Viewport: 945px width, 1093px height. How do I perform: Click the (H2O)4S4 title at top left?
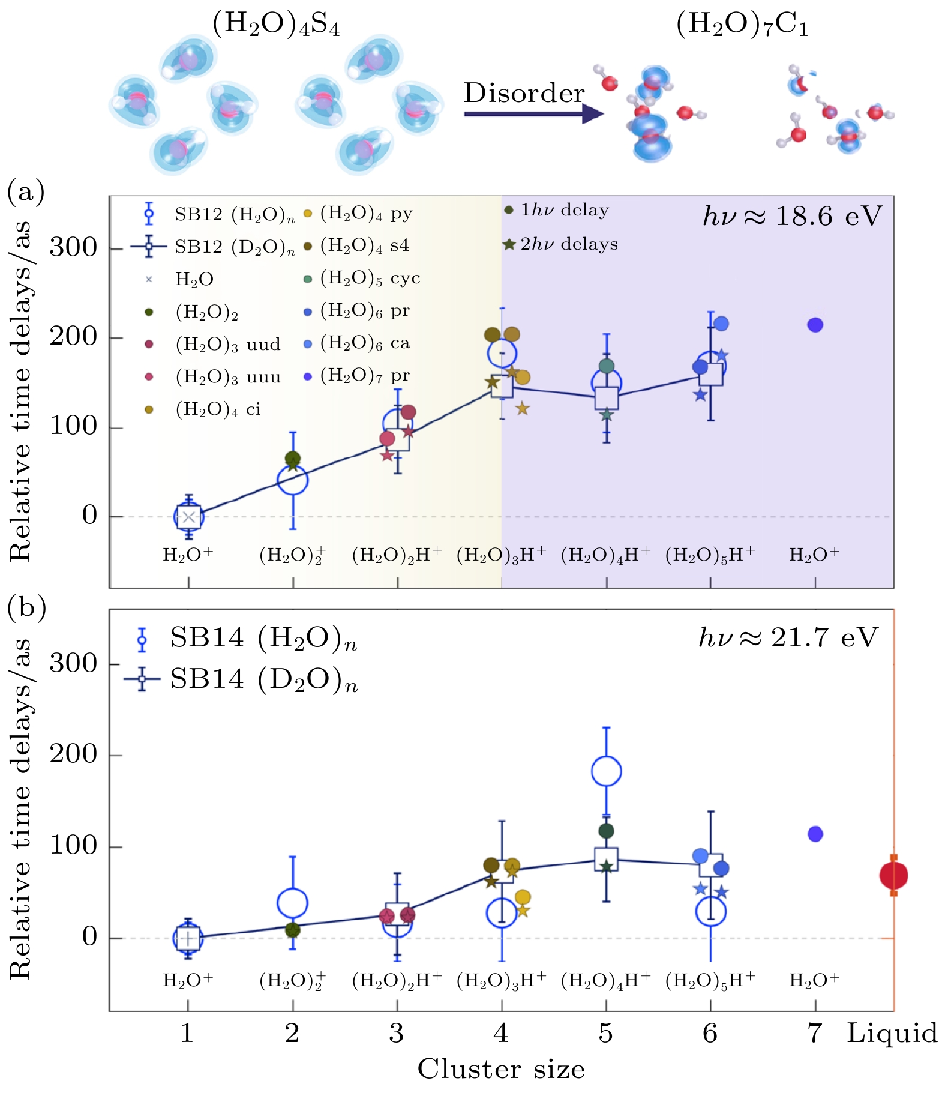pos(276,25)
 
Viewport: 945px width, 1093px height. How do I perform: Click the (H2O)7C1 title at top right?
pos(742,25)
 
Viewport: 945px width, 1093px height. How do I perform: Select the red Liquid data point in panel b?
pos(893,876)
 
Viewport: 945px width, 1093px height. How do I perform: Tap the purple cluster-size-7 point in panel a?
pos(815,325)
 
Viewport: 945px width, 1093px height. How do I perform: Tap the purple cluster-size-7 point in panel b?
pos(815,834)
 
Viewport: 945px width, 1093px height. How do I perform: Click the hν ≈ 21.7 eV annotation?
pos(788,637)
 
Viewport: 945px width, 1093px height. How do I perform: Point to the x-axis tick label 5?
pos(605,1034)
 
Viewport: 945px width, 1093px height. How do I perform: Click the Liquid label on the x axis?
pos(892,1034)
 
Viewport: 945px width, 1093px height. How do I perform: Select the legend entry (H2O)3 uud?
pos(227,345)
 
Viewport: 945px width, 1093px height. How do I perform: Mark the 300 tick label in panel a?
pos(73,247)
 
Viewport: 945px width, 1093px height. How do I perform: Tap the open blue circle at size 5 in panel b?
pos(606,771)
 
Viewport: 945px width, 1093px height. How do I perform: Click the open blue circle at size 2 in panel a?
pos(292,480)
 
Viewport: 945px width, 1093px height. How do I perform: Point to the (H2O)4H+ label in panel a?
pos(605,555)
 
